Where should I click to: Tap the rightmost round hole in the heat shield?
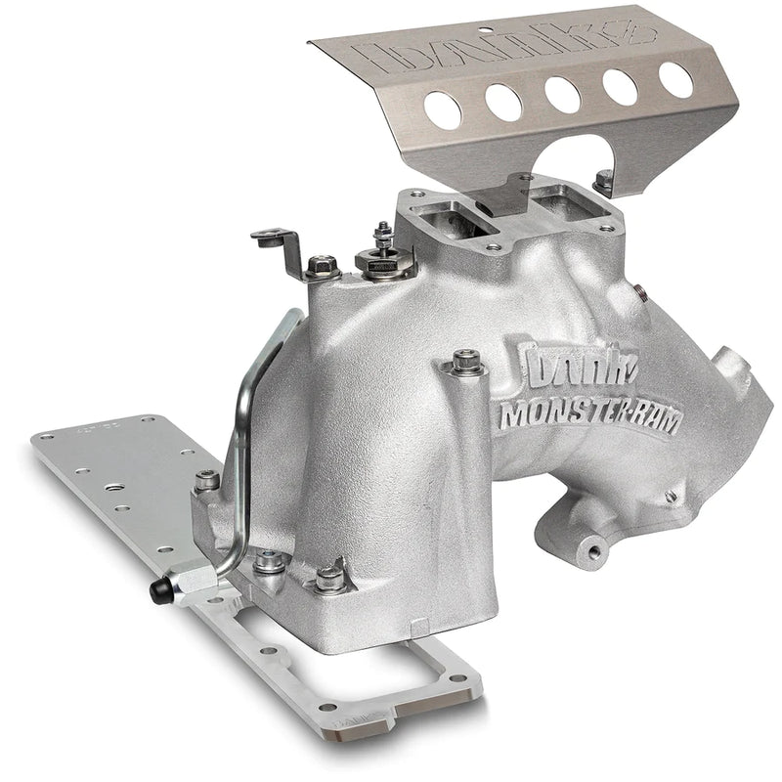675,80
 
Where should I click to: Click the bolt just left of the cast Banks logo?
465,364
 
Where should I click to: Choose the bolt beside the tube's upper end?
323,264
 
